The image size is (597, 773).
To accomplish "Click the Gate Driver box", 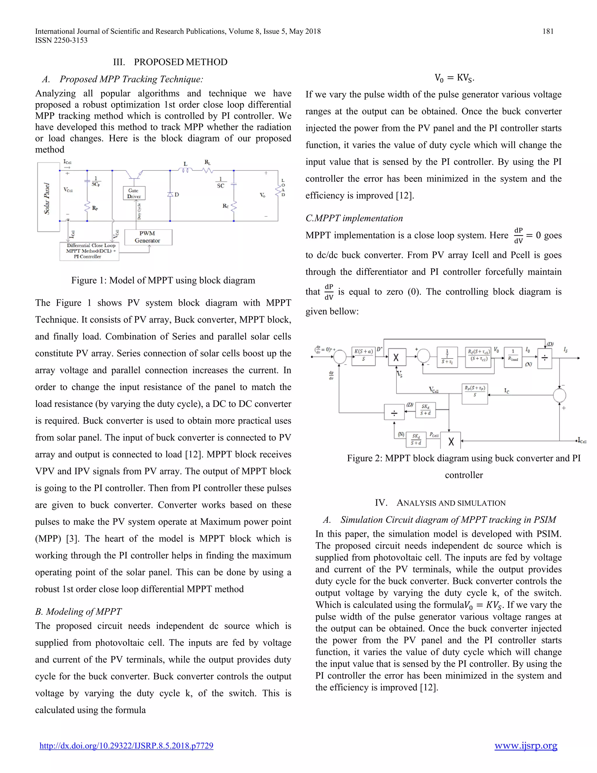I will click(134, 193).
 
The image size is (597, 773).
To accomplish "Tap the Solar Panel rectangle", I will click(48, 197).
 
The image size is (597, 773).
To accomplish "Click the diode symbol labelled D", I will click(170, 194).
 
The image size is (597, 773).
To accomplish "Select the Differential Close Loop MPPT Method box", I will click(89, 251).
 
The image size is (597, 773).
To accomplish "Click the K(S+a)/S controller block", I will click(364, 356).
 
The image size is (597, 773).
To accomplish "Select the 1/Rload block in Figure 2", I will click(513, 356).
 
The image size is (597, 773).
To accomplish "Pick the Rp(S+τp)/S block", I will click(475, 391).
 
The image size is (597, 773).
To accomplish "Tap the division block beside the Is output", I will click(545, 358).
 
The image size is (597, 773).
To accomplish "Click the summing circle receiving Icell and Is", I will click(559, 395).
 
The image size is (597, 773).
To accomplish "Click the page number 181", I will click(547, 31).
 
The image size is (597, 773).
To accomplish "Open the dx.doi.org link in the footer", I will click(126, 746).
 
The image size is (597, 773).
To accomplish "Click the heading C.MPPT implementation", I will click(354, 218).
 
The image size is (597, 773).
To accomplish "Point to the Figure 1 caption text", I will click(163, 280).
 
